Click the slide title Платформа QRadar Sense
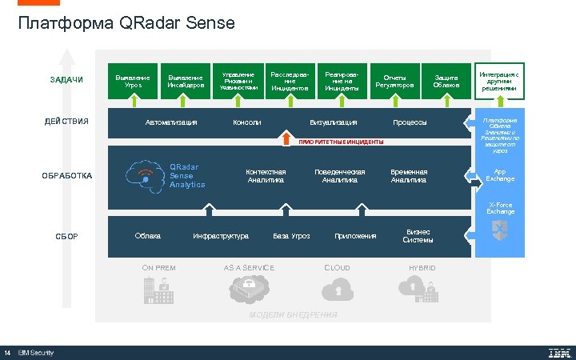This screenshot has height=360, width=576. [126, 24]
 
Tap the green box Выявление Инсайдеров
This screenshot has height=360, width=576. [186, 81]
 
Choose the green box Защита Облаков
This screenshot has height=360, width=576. [446, 81]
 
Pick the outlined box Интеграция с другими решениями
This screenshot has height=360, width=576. [499, 81]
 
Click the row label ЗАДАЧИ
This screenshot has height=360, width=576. [66, 81]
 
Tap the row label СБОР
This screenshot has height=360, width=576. [66, 236]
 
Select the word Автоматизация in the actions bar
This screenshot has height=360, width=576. [170, 122]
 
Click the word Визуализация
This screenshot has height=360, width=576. [333, 122]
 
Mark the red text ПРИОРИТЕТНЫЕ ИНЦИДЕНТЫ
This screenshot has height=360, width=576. [341, 142]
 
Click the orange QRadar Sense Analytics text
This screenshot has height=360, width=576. [186, 176]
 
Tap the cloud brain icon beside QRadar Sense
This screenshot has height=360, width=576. [145, 174]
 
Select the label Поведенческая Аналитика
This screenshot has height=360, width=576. [339, 175]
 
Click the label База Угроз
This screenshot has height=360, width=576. [291, 236]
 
